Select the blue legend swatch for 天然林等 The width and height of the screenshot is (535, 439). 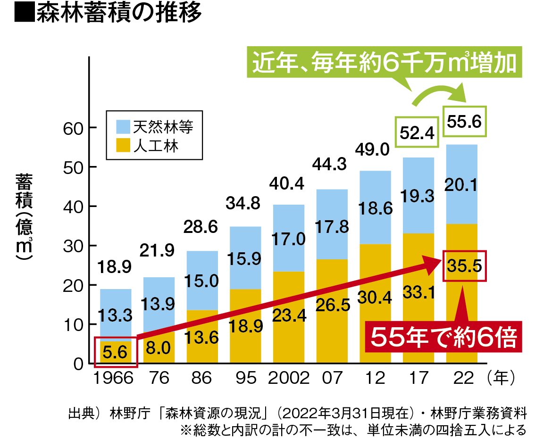[x=122, y=126]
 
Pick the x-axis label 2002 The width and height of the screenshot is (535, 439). [x=288, y=378]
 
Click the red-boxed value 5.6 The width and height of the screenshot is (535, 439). [x=116, y=352]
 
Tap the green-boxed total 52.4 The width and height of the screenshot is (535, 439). [x=417, y=133]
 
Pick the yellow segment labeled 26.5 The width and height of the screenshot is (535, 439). [x=332, y=306]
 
